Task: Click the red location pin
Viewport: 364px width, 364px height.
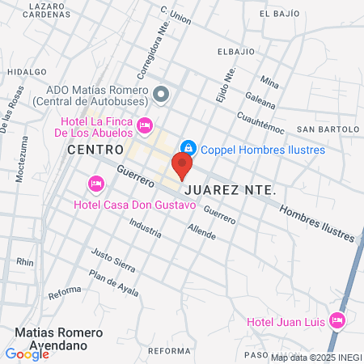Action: click(182, 167)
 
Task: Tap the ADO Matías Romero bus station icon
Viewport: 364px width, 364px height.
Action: click(161, 94)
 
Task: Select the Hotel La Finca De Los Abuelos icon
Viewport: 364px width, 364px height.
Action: click(146, 125)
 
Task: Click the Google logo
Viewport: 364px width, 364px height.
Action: click(27, 353)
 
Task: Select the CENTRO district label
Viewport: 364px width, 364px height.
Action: click(95, 150)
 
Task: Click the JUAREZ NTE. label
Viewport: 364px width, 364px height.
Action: click(231, 190)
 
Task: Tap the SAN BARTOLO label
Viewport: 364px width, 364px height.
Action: click(326, 129)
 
